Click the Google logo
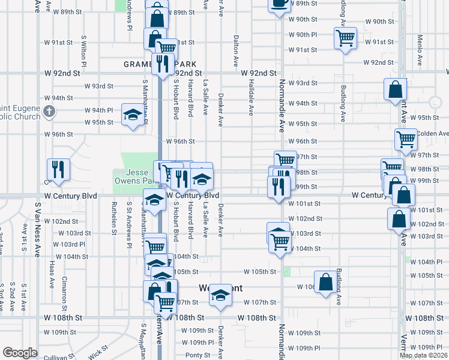20,353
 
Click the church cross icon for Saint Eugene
50,111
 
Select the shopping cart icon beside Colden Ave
406,139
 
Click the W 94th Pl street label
98,110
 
